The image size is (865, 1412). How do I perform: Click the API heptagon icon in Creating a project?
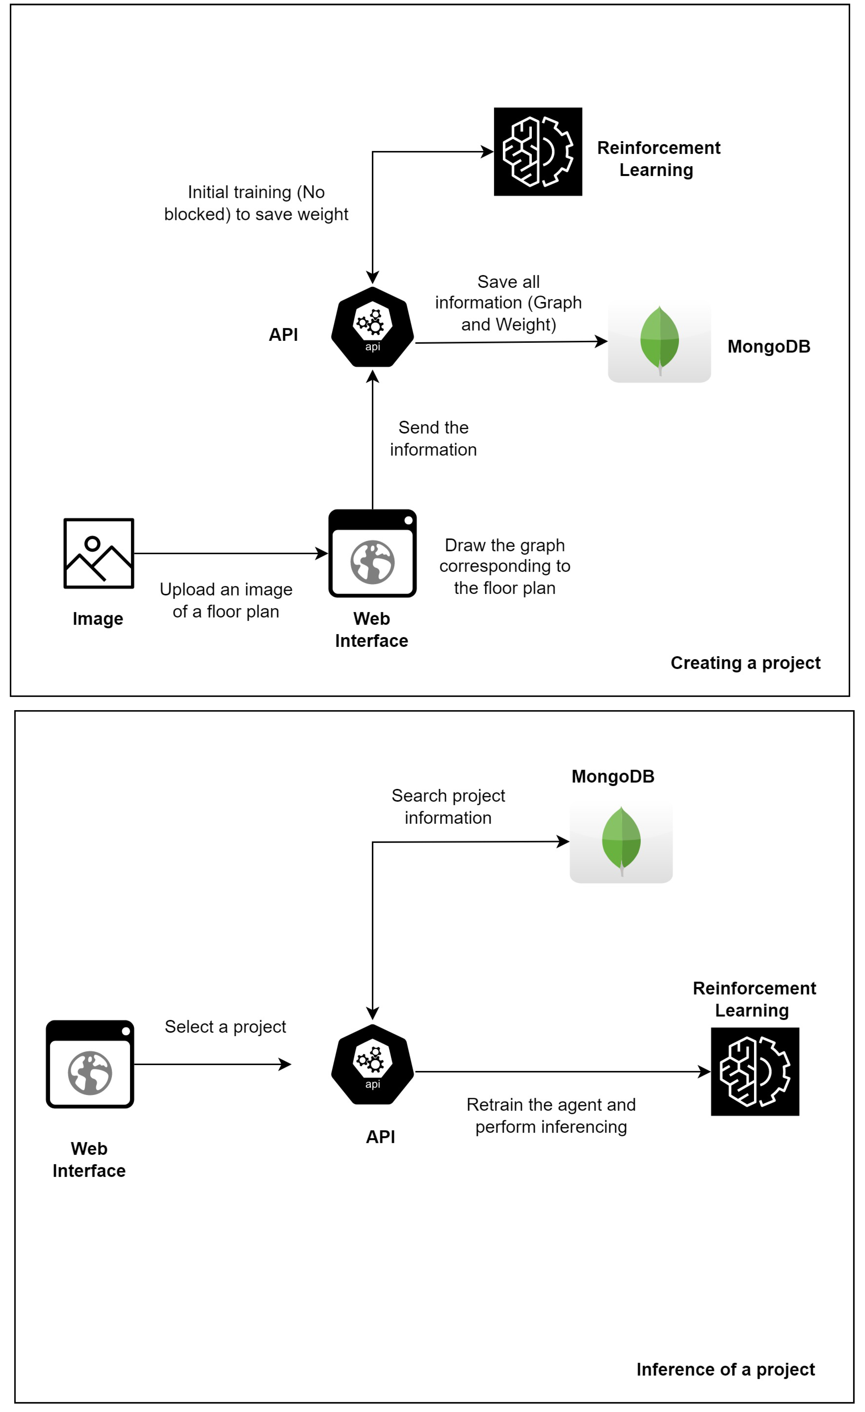coord(373,327)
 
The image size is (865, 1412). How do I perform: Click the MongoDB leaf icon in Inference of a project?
coord(621,842)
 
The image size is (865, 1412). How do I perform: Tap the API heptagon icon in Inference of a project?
coord(373,1064)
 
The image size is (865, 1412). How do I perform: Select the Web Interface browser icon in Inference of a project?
coord(90,1064)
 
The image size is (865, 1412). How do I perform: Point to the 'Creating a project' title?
coord(745,663)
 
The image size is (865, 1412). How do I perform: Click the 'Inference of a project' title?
coord(725,1370)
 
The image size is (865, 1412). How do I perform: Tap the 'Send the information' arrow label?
coord(433,438)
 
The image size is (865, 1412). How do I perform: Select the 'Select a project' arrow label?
coord(225,1026)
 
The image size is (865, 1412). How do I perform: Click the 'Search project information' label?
coord(448,806)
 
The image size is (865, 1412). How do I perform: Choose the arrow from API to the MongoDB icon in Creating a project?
coord(510,342)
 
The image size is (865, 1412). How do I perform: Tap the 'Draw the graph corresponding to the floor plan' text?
coord(505,566)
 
